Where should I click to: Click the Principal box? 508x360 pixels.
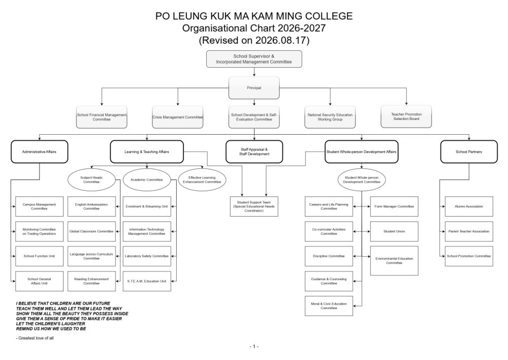click(254, 88)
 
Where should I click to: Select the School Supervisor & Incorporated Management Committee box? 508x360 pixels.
click(254, 59)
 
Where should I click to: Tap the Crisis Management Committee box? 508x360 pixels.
click(177, 117)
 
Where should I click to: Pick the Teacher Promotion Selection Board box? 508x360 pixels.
click(406, 116)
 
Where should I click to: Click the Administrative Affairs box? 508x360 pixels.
click(39, 152)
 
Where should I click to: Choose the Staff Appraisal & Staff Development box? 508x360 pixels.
click(254, 152)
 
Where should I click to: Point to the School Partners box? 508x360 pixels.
click(469, 152)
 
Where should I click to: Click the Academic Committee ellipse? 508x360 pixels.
click(147, 179)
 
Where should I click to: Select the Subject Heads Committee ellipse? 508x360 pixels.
click(91, 179)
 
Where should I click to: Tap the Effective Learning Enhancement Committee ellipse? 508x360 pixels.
click(202, 179)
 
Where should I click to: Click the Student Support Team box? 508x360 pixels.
click(254, 206)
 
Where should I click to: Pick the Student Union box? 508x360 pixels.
click(394, 231)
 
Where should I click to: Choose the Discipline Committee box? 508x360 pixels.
click(329, 256)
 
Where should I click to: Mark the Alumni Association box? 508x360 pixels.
click(469, 206)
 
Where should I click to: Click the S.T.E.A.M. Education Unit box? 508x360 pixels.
click(147, 281)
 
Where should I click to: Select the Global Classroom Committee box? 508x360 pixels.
click(91, 231)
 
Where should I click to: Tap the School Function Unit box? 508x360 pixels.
click(39, 256)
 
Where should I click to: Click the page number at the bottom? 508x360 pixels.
click(254, 346)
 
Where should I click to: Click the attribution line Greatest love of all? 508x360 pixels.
click(35, 338)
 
